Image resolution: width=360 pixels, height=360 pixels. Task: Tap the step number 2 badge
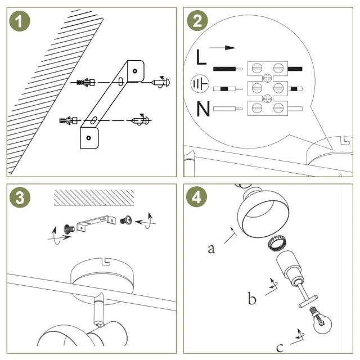[x=197, y=22]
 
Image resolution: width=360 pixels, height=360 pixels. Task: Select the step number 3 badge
[x=20, y=197]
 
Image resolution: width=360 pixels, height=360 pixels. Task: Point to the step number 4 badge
[x=197, y=197]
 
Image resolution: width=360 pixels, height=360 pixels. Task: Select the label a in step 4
[x=211, y=247]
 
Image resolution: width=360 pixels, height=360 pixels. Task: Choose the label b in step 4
[x=251, y=299]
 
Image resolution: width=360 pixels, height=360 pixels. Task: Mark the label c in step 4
[x=279, y=345]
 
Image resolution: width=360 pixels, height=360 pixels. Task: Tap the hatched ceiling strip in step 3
[x=93, y=197]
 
